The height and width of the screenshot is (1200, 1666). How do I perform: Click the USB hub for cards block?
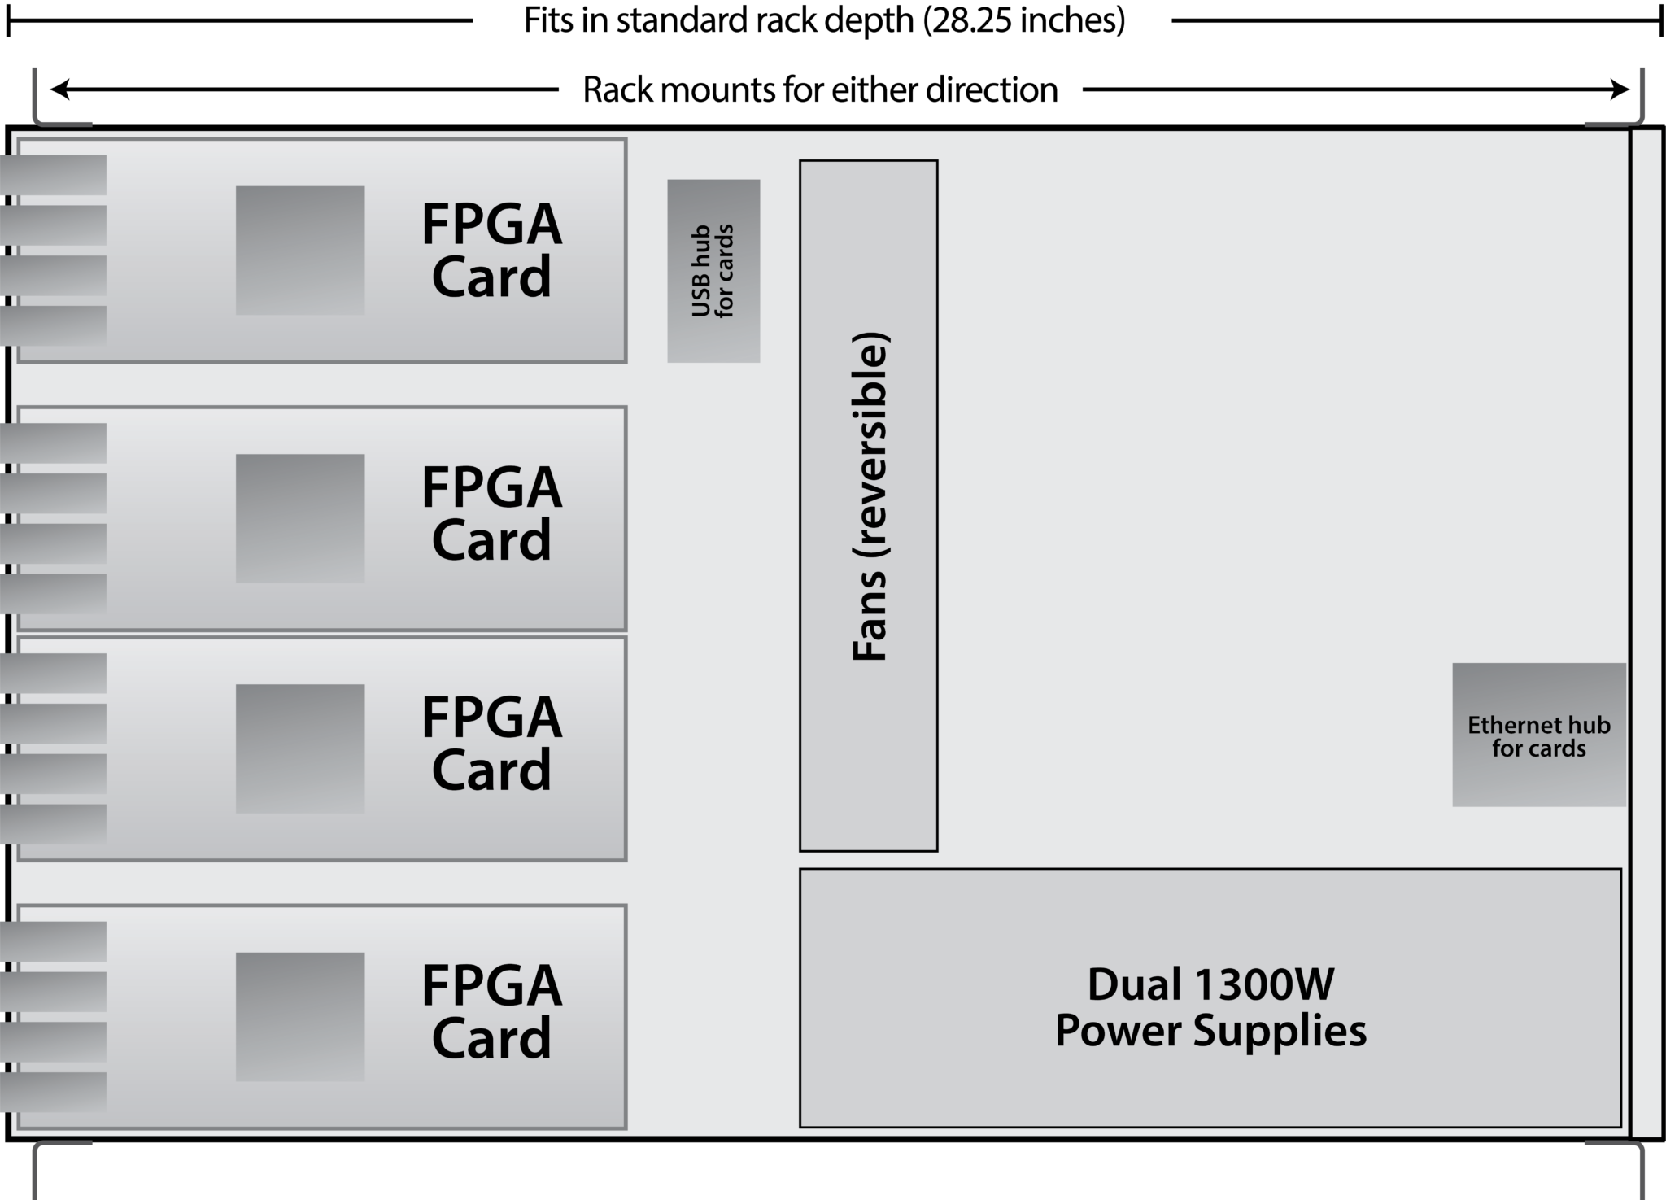[713, 271]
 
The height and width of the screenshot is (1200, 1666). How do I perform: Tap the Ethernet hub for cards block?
[1538, 735]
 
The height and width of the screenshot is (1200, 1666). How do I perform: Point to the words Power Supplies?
[1210, 1032]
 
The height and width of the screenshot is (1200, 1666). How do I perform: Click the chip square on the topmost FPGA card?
[300, 251]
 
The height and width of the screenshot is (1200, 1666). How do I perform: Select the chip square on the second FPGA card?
[300, 518]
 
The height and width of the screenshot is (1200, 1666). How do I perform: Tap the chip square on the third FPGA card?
[300, 748]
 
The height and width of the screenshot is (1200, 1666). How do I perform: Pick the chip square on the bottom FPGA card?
[300, 1017]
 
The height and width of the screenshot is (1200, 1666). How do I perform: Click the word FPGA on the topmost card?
[491, 225]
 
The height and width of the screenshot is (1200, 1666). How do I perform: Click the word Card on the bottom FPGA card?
[491, 1038]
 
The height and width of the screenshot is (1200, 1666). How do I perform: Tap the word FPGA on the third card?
[491, 718]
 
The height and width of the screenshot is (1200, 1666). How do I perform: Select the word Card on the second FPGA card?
[491, 540]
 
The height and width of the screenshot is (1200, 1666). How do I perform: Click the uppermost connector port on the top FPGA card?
[54, 175]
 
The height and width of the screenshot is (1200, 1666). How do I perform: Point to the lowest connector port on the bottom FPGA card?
[54, 1092]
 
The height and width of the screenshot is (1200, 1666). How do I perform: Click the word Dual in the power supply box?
[1134, 984]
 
